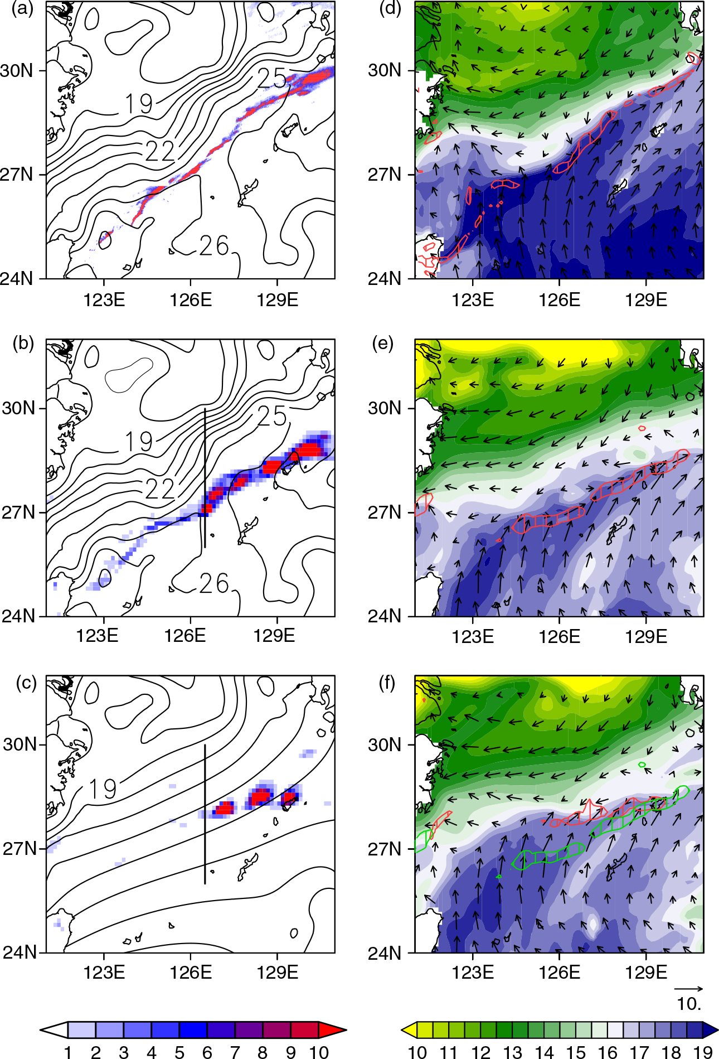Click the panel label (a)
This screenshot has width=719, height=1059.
[22, 9]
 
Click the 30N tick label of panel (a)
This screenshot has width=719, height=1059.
[17, 71]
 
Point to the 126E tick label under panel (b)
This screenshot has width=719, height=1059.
[184, 635]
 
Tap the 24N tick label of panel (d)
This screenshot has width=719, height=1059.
[385, 278]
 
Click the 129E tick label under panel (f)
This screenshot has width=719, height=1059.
[646, 972]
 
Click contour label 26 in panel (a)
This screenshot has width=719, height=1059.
[215, 245]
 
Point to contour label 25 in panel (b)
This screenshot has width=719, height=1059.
[272, 416]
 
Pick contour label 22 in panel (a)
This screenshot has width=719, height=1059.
[160, 151]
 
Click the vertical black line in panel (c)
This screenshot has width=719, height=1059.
[205, 814]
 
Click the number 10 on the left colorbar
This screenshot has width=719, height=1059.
[319, 1052]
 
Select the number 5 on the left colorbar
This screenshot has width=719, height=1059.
[179, 1052]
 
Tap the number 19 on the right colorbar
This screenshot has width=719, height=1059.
[703, 1052]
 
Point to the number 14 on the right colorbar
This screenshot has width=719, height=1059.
[545, 1052]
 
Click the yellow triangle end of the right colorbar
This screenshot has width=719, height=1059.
[409, 1030]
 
